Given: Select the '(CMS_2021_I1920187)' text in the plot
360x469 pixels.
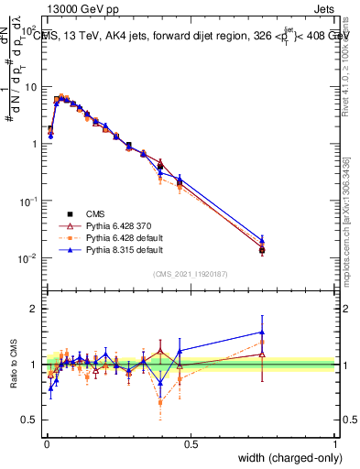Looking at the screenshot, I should point(191,272).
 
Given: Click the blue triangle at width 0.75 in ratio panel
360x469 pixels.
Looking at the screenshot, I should point(262,333).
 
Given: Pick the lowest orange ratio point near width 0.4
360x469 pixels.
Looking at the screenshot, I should point(160,402).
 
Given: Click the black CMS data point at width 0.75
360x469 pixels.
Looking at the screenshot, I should point(262,249).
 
